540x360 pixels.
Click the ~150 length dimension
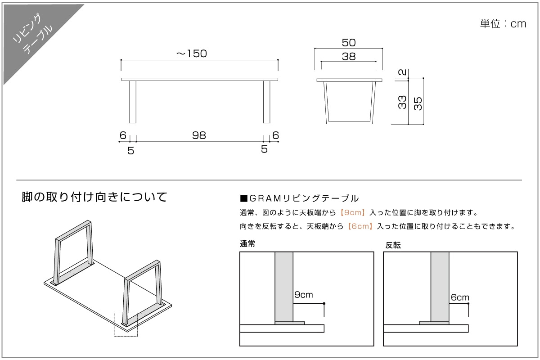(x=191, y=54)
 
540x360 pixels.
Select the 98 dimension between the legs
(x=199, y=135)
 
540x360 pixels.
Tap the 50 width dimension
(x=349, y=43)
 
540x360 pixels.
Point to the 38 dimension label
(x=349, y=57)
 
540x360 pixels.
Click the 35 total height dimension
(x=418, y=103)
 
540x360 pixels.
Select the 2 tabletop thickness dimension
(x=403, y=72)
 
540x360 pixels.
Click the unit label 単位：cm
(x=503, y=24)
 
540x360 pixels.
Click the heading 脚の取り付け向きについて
(x=94, y=197)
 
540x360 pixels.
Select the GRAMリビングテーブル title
(x=300, y=198)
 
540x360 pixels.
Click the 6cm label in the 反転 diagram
(x=460, y=297)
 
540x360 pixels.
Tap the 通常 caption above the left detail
(x=248, y=244)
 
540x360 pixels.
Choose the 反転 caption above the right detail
(x=393, y=245)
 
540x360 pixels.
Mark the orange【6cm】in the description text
(x=360, y=226)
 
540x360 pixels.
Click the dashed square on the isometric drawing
(x=126, y=324)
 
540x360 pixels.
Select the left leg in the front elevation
(x=133, y=102)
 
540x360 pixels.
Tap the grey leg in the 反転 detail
(x=440, y=286)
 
